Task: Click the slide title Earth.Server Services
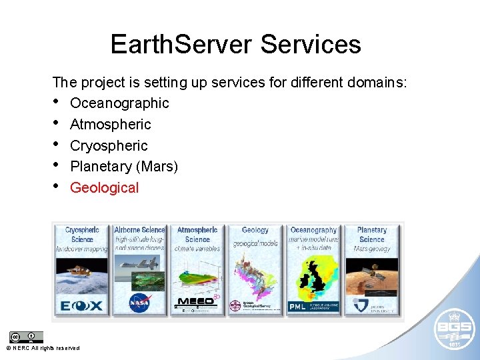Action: coord(235,44)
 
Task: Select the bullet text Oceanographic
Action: coord(119,103)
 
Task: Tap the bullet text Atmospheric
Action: coord(110,125)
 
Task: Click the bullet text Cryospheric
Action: coord(109,146)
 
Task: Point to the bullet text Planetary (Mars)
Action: coord(124,167)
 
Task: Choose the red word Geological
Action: coord(104,188)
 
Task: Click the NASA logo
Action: coord(139,303)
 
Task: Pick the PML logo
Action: coord(297,306)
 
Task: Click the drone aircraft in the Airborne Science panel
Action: coord(133,265)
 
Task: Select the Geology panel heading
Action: coord(255,230)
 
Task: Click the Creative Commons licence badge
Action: coord(26,337)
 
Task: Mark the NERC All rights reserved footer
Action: coord(43,348)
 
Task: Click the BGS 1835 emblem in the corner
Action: coord(453,329)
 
